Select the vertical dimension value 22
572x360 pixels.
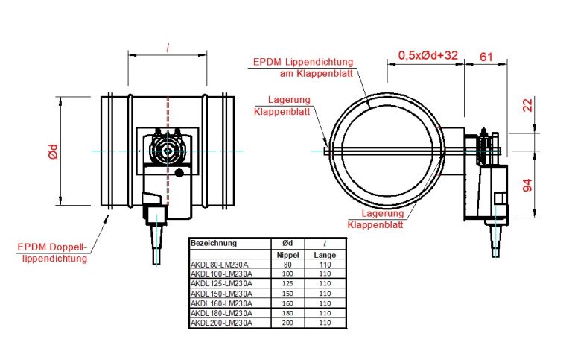pos(528,106)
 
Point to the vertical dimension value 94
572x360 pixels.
pos(528,186)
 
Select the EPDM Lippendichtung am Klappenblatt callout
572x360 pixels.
pos(303,67)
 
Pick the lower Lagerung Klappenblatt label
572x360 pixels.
pos(375,218)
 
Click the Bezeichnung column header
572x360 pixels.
pos(214,243)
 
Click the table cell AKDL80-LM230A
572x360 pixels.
pos(220,264)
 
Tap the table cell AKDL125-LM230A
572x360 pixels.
pos(222,283)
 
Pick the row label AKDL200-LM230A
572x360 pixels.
pos(222,323)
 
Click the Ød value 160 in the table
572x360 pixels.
pos(287,303)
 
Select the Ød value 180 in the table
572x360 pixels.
pos(287,313)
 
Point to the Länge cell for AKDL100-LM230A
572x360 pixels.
pos(325,274)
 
